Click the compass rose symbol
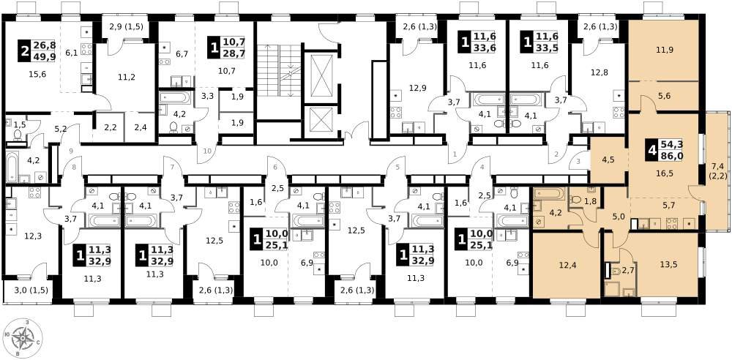[23, 337]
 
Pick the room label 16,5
[665, 173]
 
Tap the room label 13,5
[668, 264]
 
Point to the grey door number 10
[208, 150]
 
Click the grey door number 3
[578, 162]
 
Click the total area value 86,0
[671, 157]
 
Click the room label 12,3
[33, 236]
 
